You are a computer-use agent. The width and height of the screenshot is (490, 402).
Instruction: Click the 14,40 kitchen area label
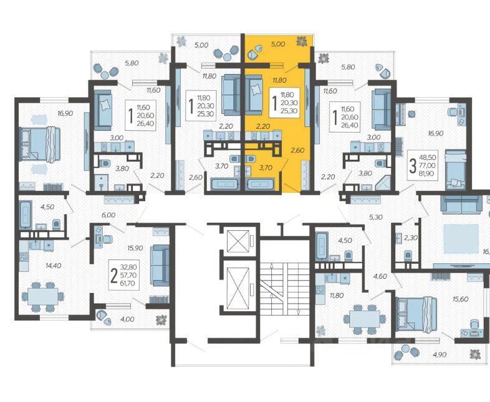coord(53,266)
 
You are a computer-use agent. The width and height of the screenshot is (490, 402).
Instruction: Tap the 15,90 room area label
coord(135,248)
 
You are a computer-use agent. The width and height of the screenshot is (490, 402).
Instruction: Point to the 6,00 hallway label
coord(108,215)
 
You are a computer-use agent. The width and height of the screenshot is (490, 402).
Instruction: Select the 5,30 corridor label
coord(376,217)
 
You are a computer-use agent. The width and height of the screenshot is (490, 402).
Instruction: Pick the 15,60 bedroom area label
coord(461,299)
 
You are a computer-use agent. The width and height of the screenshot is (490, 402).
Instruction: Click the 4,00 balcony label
coord(128,319)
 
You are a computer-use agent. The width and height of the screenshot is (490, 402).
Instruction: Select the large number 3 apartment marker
coord(413,166)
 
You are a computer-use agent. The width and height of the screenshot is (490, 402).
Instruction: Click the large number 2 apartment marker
coord(114,276)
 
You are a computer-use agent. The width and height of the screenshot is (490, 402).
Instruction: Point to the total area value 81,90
coord(427,174)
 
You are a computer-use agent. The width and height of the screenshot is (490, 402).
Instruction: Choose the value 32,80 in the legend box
coord(128,267)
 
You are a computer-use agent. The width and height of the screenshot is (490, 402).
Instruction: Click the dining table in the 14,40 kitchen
coord(42,297)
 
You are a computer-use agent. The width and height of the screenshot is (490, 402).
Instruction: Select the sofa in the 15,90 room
coord(160,265)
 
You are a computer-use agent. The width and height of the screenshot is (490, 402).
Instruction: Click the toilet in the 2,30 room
coord(407,255)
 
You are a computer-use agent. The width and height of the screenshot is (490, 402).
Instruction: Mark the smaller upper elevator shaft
coord(239,241)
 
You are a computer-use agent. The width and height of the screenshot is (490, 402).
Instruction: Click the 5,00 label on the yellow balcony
coord(278,44)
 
